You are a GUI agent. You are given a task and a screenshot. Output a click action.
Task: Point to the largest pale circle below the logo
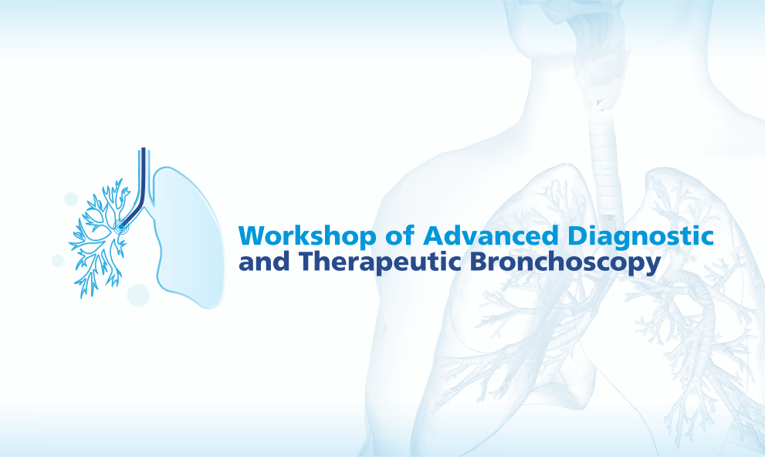tap(138, 295)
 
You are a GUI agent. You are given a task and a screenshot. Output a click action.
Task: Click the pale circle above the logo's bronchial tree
tap(71, 199)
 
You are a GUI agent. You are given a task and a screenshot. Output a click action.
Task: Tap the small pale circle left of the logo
tap(58, 261)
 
